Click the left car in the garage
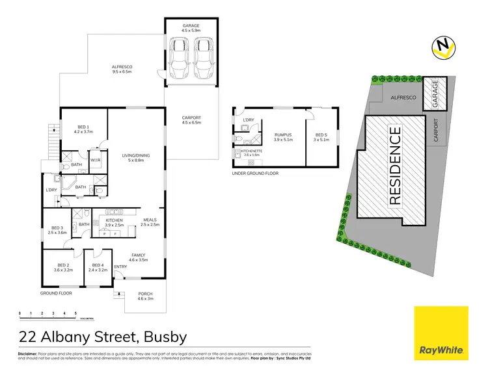coord(179,58)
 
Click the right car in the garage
coord(204,58)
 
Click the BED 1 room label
coord(85,128)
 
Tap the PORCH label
coord(146,294)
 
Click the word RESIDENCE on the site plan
coord(395,166)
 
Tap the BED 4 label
coord(99,266)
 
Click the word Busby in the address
coord(161,337)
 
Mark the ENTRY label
coord(121,267)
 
